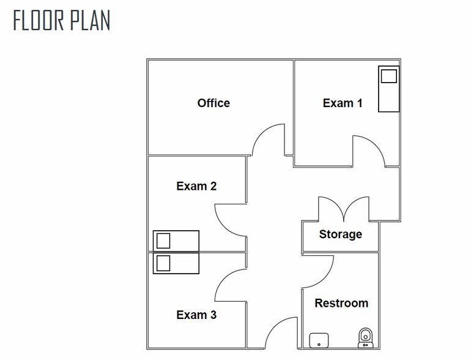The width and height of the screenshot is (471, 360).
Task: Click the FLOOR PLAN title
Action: coord(62,20)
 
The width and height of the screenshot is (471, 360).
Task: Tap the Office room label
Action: coord(213,103)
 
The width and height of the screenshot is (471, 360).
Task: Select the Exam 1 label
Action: coord(343,103)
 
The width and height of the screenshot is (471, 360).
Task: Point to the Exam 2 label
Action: coord(196,186)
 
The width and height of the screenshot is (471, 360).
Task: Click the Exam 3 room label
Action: coord(196,315)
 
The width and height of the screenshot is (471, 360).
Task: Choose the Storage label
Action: coord(340,234)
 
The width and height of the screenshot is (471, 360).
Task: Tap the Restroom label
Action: coord(341,303)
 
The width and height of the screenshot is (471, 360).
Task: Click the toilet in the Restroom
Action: coord(366,338)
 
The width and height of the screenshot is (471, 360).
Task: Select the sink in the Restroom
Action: coord(319,340)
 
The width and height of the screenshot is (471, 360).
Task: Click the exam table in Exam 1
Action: coord(388,89)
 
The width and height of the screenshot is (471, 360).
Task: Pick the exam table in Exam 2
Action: coord(176,241)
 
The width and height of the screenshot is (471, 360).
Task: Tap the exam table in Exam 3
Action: coord(176,263)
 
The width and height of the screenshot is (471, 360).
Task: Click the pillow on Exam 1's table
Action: coord(388,76)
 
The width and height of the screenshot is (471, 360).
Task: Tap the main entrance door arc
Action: coord(274,326)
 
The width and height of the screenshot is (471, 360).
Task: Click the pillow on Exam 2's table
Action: coord(163,241)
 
